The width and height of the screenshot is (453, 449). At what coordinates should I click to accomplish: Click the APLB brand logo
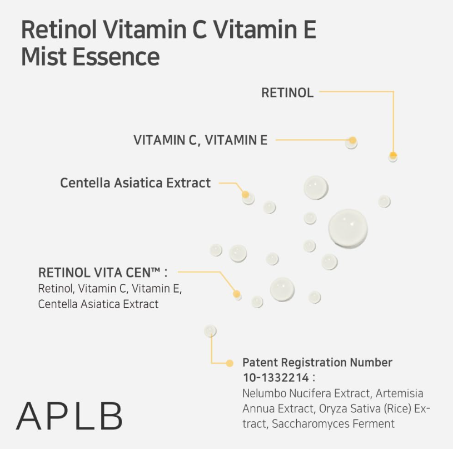(69, 416)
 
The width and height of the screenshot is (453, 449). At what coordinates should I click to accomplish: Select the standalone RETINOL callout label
(287, 93)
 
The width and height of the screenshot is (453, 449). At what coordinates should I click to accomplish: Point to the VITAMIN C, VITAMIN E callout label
(200, 140)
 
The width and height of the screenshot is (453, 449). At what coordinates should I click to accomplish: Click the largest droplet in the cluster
(348, 229)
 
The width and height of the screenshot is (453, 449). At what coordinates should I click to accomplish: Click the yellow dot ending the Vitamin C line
(352, 140)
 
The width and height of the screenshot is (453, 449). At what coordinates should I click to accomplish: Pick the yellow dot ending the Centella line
(245, 194)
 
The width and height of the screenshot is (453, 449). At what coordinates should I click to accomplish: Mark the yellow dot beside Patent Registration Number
(230, 363)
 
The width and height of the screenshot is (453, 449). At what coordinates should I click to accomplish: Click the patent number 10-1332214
(276, 378)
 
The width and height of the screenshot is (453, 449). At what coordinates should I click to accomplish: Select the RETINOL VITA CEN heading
(103, 273)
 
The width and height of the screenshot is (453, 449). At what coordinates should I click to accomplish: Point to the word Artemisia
(400, 393)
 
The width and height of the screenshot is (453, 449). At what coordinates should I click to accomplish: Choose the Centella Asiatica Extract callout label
(136, 182)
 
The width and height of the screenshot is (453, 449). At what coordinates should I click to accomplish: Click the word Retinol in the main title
(59, 29)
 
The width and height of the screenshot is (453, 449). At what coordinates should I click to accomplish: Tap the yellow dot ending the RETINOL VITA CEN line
(236, 294)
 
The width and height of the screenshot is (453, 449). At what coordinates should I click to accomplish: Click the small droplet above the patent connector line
(210, 330)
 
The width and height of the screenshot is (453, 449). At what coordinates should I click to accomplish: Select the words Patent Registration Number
(317, 363)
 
